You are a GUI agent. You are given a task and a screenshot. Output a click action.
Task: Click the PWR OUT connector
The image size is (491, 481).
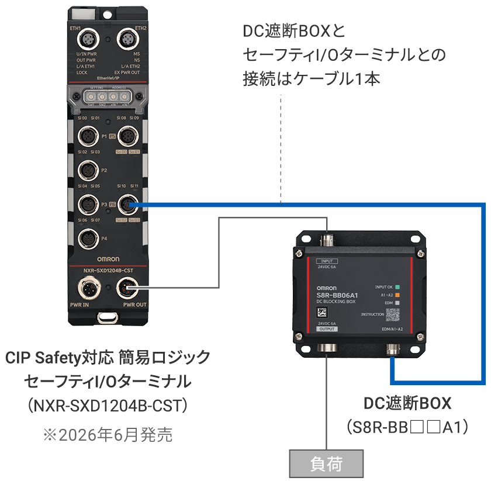pos(127,288)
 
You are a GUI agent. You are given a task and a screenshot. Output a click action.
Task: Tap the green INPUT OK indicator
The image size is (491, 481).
pos(397,287)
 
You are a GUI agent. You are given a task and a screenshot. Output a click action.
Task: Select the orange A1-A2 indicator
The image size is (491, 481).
pos(397,295)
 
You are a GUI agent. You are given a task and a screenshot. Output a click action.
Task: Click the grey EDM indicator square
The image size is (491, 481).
pos(397,303)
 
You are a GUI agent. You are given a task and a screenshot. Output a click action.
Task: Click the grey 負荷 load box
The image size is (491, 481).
pos(326,465)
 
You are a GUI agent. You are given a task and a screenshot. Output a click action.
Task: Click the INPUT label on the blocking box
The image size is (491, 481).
pos(326,261)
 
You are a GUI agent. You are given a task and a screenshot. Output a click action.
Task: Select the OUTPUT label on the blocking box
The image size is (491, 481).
pos(327,330)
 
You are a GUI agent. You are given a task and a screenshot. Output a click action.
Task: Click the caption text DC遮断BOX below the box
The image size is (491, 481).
pos(408,403)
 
